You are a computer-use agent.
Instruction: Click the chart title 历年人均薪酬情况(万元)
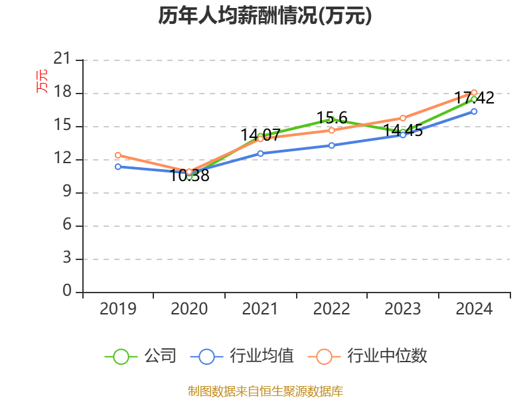pyautogui.click(x=265, y=17)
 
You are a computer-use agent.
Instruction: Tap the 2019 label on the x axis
pyautogui.click(x=117, y=309)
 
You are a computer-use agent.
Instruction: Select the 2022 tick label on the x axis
pyautogui.click(x=331, y=309)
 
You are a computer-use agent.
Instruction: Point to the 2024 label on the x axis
pyautogui.click(x=474, y=309)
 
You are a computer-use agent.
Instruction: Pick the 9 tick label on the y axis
pyautogui.click(x=66, y=192)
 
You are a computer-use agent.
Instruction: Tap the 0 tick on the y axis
pyautogui.click(x=66, y=292)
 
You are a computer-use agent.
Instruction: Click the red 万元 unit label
pyautogui.click(x=42, y=81)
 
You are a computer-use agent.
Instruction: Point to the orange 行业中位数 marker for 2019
pyautogui.click(x=117, y=155)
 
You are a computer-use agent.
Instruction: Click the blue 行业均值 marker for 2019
pyautogui.click(x=117, y=166)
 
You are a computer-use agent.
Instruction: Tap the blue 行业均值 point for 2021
pyautogui.click(x=260, y=153)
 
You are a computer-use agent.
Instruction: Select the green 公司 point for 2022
pyautogui.click(x=331, y=119)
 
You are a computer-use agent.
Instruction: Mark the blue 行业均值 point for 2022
pyautogui.click(x=331, y=145)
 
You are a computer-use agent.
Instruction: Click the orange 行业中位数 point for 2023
pyautogui.click(x=403, y=118)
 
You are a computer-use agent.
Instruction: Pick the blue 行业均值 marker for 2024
pyautogui.click(x=474, y=111)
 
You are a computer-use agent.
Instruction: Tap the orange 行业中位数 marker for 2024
pyautogui.click(x=474, y=92)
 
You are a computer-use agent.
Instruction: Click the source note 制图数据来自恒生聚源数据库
pyautogui.click(x=265, y=391)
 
